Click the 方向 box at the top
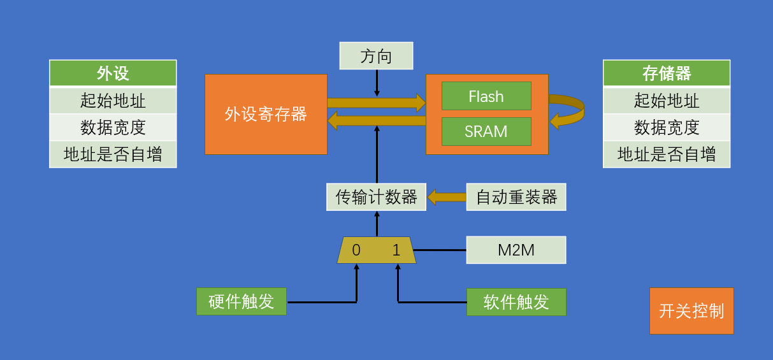pyautogui.click(x=376, y=56)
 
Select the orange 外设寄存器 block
pyautogui.click(x=266, y=115)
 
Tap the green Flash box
pyautogui.click(x=486, y=96)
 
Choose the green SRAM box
pyautogui.click(x=486, y=132)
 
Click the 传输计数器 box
pyautogui.click(x=376, y=197)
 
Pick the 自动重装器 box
pyautogui.click(x=516, y=197)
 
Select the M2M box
pyautogui.click(x=516, y=250)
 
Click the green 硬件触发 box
pyautogui.click(x=242, y=301)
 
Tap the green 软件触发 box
pyautogui.click(x=516, y=301)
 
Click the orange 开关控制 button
pyautogui.click(x=691, y=311)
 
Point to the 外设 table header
pyautogui.click(x=113, y=73)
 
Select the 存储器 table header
pyautogui.click(x=667, y=73)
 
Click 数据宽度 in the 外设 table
pyautogui.click(x=113, y=127)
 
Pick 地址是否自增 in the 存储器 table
pyautogui.click(x=667, y=154)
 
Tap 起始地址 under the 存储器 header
pyautogui.click(x=667, y=101)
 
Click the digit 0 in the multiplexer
pyautogui.click(x=356, y=250)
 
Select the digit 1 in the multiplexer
pyautogui.click(x=396, y=250)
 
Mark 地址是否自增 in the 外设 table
pyautogui.click(x=113, y=154)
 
